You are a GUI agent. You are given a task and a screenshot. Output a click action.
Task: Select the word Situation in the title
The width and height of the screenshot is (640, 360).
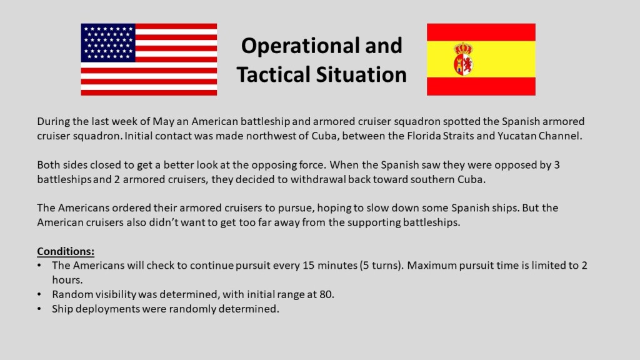[361, 75]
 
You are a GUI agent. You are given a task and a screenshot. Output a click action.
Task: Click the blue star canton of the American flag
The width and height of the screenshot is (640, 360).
[108, 43]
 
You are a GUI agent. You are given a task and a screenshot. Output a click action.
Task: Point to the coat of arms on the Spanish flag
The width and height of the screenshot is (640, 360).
[464, 59]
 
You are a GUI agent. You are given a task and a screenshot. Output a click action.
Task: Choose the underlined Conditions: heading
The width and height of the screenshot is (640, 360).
[66, 251]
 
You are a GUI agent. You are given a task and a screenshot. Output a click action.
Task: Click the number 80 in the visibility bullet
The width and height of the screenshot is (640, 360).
[326, 295]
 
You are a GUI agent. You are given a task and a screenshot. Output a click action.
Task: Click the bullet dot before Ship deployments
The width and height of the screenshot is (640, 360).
[39, 309]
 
